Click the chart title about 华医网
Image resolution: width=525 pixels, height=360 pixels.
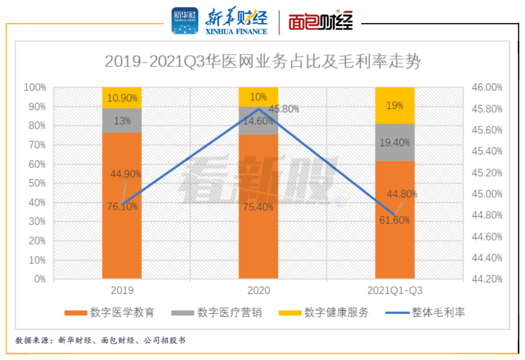pos(262,62)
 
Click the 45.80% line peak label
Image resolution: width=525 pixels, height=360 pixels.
pos(283,109)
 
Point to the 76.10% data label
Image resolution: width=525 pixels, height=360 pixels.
pos(122,206)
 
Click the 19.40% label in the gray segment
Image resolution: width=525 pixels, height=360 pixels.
pos(395,143)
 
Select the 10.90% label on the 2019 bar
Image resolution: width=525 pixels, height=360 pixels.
pos(122,98)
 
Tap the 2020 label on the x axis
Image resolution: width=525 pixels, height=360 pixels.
pos(259,291)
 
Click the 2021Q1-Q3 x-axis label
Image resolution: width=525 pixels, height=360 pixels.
pos(395,291)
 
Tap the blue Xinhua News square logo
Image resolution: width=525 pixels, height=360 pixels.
pos(185,20)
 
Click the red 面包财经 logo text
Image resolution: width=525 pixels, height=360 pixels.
pos(320,21)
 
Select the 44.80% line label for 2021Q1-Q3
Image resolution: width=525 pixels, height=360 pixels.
pos(402,194)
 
